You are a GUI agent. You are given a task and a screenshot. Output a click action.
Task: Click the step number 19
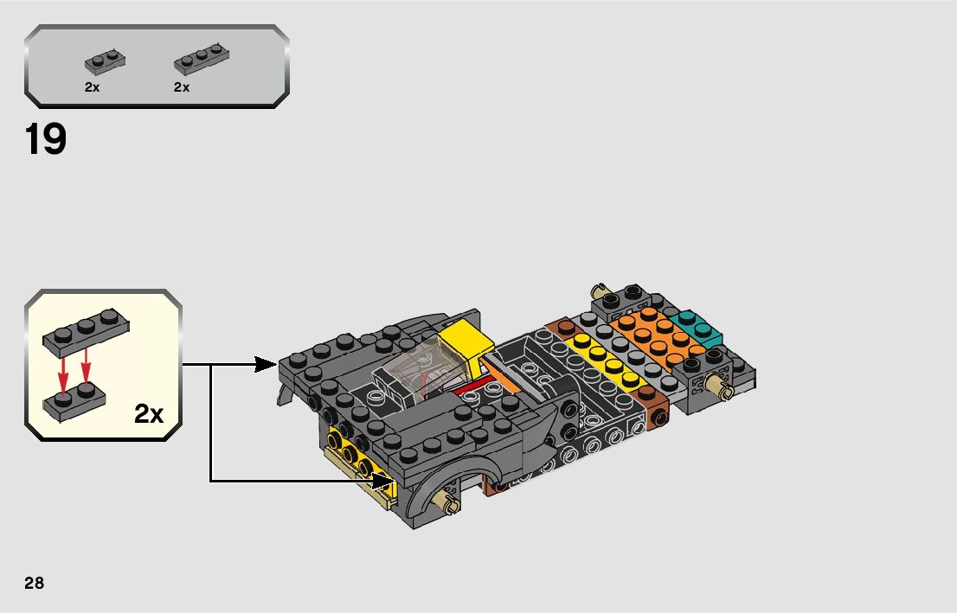(x=46, y=140)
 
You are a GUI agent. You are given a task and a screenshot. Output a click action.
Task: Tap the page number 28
(x=35, y=583)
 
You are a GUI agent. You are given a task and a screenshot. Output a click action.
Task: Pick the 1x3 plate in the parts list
(x=202, y=59)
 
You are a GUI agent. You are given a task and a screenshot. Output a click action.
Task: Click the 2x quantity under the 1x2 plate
(x=93, y=87)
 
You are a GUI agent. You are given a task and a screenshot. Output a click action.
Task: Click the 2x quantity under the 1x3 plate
(x=181, y=87)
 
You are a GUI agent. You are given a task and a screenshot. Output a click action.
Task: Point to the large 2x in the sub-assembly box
(x=149, y=414)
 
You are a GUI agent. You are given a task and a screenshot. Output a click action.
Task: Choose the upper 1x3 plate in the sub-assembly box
(x=86, y=331)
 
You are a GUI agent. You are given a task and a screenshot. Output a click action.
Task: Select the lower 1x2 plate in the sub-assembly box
(x=74, y=402)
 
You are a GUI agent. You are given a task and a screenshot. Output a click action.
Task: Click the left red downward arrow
(x=63, y=371)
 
